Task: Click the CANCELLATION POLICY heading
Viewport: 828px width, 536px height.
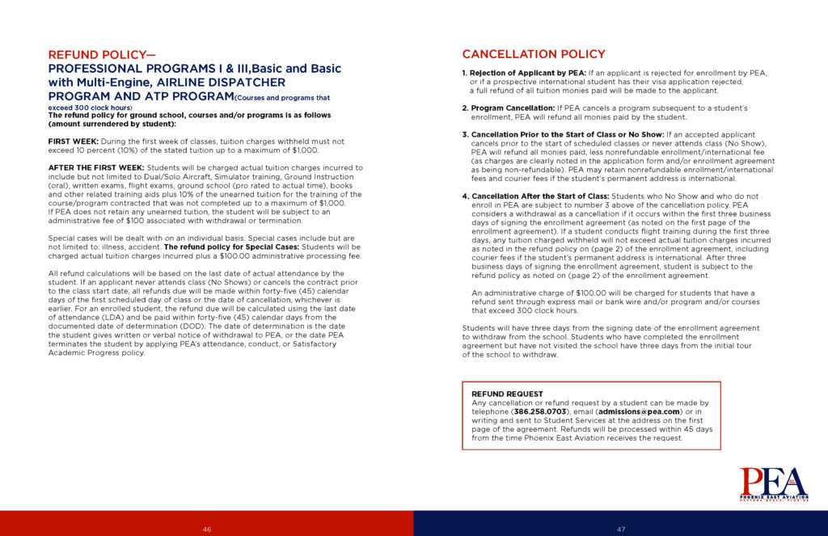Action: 533,54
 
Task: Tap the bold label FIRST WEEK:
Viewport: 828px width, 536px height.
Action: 74,141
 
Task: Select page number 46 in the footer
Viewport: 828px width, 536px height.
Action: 207,529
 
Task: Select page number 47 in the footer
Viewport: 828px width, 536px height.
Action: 621,529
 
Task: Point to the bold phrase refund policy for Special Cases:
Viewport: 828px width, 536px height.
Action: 230,247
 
